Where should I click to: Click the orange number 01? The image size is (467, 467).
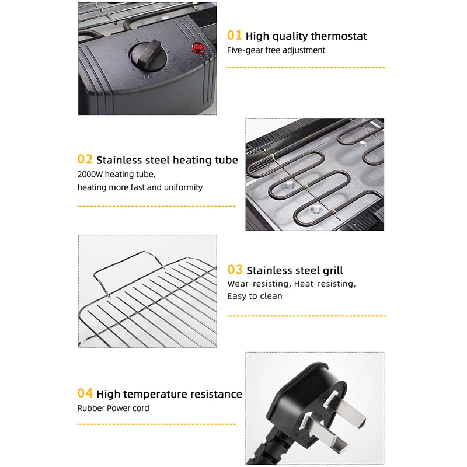pos(235,36)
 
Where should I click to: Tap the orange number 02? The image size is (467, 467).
pos(85,159)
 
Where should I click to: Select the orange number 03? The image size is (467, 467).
pos(235,270)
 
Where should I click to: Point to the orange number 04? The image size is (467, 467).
pos(85,393)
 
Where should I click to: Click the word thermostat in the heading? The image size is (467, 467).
pos(338,36)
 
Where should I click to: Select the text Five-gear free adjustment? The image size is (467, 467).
pos(276,50)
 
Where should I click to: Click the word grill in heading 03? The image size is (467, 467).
pos(330,270)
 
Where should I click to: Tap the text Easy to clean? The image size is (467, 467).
pos(255,296)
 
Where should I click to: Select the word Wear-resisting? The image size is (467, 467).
pos(259,284)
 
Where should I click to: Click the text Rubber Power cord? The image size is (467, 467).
pos(113,408)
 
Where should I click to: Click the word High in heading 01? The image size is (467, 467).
pos(257,36)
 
